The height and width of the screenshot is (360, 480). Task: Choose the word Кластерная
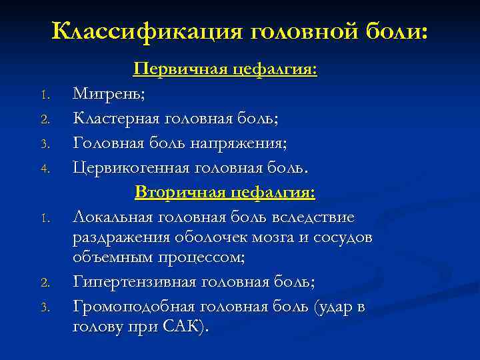pyautogui.click(x=117, y=119)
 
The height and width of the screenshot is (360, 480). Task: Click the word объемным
pyautogui.click(x=111, y=257)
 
